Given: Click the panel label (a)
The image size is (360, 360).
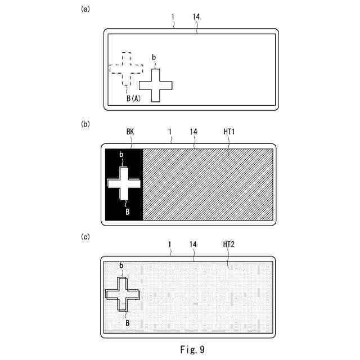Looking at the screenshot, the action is coord(85,9).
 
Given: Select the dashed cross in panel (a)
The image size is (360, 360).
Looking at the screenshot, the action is coord(126,69).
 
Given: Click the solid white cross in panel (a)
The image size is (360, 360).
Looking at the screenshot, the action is coord(155,85).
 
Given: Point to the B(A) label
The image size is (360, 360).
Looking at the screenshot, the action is coord(133,98).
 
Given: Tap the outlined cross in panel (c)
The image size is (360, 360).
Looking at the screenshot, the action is coord(122,294).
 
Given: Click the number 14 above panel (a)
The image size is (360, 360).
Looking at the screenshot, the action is coord(196,17).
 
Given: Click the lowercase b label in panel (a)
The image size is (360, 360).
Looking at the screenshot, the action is coord(154,57).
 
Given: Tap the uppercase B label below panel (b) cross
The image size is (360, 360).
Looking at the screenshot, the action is coord(128,211).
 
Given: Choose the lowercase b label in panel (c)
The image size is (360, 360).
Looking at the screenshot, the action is coord(121,265).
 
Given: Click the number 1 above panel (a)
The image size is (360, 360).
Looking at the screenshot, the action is coord(173,17).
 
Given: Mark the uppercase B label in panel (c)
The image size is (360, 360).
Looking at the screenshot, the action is coord(128,323).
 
